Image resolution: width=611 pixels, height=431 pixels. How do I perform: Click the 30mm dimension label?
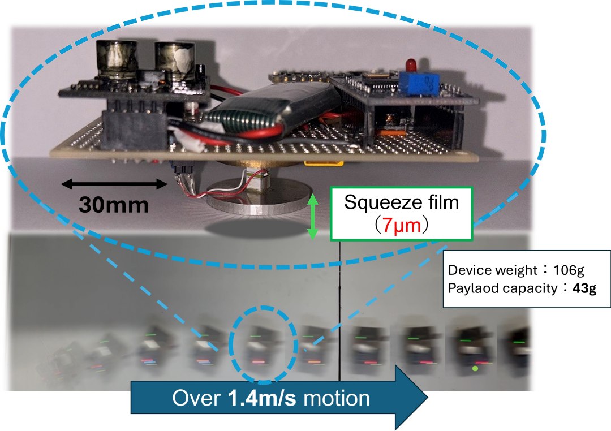(x=113, y=204)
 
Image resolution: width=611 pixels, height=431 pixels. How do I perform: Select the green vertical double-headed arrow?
(x=311, y=217)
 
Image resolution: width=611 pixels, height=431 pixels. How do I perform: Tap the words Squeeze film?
(x=402, y=202)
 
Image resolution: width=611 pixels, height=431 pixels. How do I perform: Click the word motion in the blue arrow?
(x=337, y=398)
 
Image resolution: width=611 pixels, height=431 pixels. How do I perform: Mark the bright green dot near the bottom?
(x=474, y=369)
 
